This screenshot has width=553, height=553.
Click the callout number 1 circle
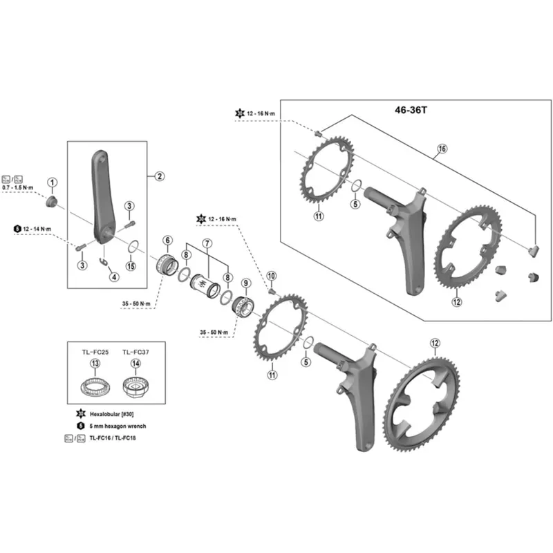coord(53,182)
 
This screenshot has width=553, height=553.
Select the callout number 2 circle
coord(159,176)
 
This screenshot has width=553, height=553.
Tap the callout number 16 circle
coord(442,149)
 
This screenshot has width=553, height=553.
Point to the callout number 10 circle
coord(271,276)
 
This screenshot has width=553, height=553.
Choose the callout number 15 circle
coord(131,266)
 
